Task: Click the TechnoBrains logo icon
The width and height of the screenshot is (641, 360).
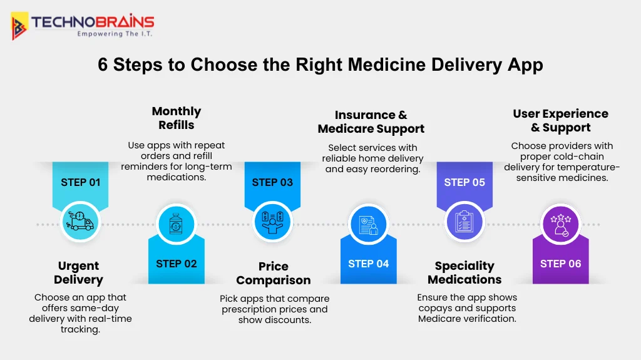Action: [x=20, y=26]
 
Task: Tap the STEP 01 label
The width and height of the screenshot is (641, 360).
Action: [x=80, y=182]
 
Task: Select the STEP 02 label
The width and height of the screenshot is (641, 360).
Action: [x=176, y=264]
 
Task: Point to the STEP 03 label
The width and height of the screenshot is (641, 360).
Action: [x=272, y=182]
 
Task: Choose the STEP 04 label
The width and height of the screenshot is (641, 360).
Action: [x=368, y=264]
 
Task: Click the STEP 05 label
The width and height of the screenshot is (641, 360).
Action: [x=464, y=182]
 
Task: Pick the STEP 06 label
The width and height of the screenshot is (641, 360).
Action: [x=560, y=264]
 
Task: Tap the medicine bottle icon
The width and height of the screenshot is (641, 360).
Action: [x=176, y=224]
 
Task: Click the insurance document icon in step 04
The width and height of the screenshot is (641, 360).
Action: [x=368, y=224]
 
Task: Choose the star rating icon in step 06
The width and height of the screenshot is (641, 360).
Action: [x=560, y=224]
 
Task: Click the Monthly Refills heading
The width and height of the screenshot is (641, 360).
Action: [x=176, y=118]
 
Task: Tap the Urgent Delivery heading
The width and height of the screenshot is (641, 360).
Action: [x=78, y=273]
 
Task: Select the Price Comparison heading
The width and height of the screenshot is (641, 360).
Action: [x=274, y=274]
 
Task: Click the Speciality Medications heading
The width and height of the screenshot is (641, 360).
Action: [x=464, y=273]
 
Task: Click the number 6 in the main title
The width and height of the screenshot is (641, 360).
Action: [x=103, y=64]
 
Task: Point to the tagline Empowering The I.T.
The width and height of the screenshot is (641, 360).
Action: [x=115, y=34]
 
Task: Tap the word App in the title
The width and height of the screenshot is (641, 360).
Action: [x=525, y=65]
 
